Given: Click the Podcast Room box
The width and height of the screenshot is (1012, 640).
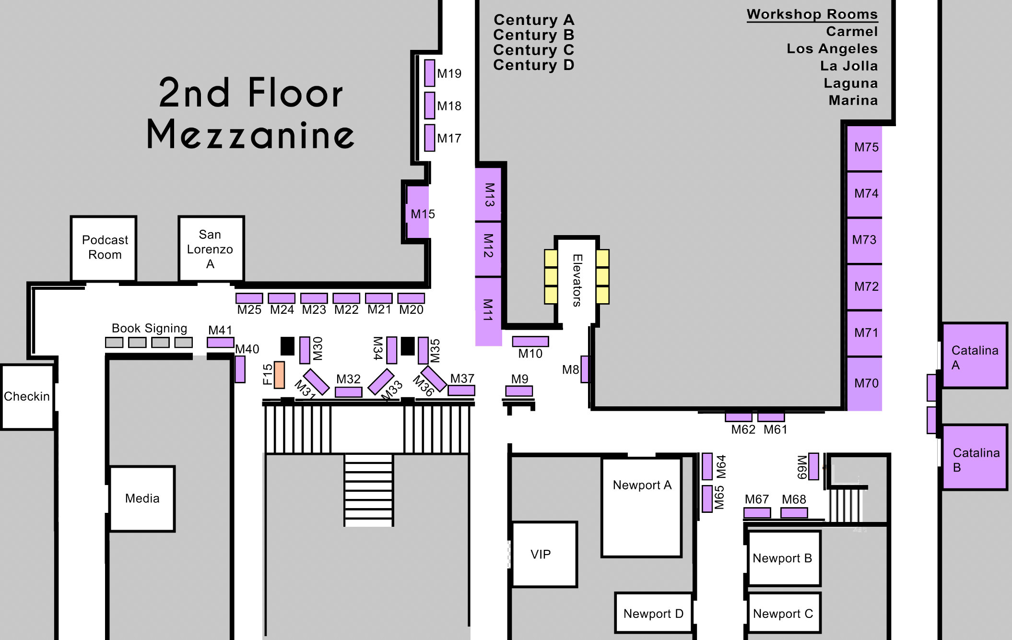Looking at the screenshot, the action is [x=104, y=248].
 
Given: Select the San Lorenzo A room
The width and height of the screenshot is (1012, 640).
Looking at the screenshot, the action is [x=211, y=249].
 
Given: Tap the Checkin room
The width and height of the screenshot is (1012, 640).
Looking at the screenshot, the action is [x=27, y=397].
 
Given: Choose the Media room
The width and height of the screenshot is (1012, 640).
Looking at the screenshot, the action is [x=142, y=498].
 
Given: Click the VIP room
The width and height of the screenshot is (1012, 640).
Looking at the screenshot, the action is [x=544, y=554].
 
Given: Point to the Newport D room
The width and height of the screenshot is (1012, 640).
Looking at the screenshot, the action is [x=654, y=613].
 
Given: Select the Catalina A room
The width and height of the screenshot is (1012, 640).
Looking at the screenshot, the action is [x=975, y=356].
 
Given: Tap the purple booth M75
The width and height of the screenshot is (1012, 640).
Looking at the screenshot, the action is [x=864, y=148].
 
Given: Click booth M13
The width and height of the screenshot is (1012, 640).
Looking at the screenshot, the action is [x=488, y=194].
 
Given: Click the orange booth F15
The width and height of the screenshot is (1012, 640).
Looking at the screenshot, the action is [x=279, y=375].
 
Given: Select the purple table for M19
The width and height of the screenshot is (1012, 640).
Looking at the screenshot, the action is [x=430, y=73].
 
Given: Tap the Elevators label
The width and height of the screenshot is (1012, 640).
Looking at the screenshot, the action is [x=577, y=280].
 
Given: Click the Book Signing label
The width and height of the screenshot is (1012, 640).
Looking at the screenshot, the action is [x=149, y=328].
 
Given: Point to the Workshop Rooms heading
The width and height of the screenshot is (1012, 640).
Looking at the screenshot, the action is [x=812, y=14].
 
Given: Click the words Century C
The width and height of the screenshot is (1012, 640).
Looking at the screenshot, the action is [x=533, y=50].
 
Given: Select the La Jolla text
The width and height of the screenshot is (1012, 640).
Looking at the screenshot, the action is [x=848, y=66].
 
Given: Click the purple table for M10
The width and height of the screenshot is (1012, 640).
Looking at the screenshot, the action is [x=530, y=342].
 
